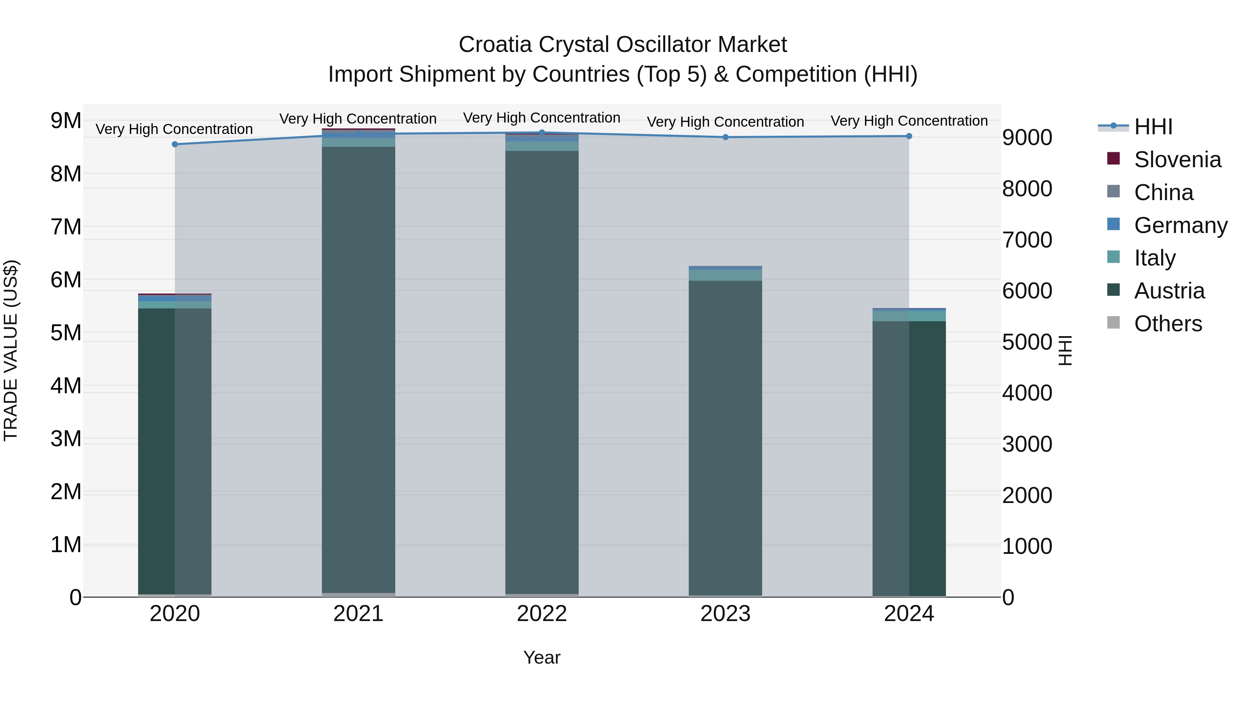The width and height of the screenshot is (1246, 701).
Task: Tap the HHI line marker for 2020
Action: tap(175, 144)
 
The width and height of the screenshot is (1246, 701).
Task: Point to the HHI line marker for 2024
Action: tap(909, 136)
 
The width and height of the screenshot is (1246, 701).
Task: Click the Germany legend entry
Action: tap(1180, 225)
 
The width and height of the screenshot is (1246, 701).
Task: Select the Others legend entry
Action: tap(1168, 324)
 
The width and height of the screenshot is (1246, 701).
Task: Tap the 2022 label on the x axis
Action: tap(542, 614)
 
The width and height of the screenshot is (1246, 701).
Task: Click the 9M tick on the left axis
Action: tap(66, 120)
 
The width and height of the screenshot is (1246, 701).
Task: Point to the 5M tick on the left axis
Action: tap(66, 333)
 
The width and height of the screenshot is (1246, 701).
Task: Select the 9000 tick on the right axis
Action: tap(1027, 137)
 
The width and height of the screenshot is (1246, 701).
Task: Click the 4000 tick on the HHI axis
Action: tap(1027, 393)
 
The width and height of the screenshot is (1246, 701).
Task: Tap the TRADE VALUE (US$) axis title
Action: tap(11, 350)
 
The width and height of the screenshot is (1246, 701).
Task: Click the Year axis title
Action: tap(542, 657)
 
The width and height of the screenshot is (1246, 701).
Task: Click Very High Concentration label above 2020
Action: tap(174, 129)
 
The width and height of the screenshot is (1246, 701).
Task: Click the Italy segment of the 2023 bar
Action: tap(725, 275)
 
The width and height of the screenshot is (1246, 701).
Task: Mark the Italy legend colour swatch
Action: tap(1113, 257)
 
